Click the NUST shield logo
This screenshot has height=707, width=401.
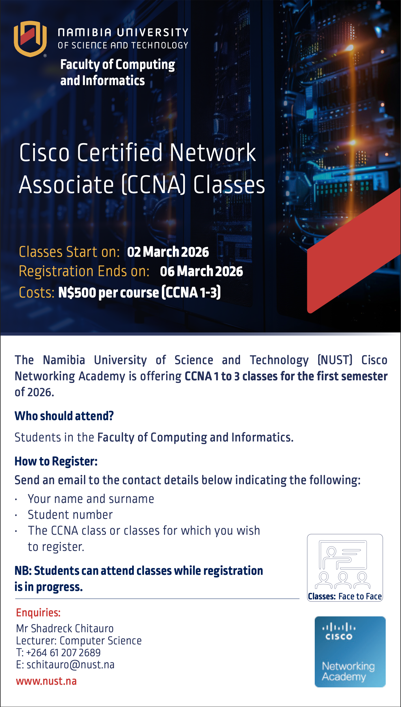click(30, 39)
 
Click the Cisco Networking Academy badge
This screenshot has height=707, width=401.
click(350, 652)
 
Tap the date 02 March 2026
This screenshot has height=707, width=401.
click(168, 252)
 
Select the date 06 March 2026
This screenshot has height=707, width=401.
click(201, 271)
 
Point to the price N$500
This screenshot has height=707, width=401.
click(77, 292)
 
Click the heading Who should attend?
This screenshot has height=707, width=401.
click(64, 416)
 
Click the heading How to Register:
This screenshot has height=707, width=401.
click(56, 461)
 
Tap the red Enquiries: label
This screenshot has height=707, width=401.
click(38, 613)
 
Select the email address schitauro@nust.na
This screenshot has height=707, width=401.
click(71, 665)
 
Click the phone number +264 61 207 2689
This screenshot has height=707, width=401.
click(63, 653)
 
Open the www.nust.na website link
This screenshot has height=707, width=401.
click(46, 681)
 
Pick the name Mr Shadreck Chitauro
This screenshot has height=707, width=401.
click(65, 629)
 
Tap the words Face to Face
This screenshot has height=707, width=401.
click(360, 596)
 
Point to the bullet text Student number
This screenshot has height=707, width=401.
click(70, 515)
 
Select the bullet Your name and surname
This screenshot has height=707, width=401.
click(91, 499)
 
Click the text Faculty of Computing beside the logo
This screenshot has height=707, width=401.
click(118, 65)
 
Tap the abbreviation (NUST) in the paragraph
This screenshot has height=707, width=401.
click(335, 360)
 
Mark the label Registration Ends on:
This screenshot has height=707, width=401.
click(84, 271)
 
